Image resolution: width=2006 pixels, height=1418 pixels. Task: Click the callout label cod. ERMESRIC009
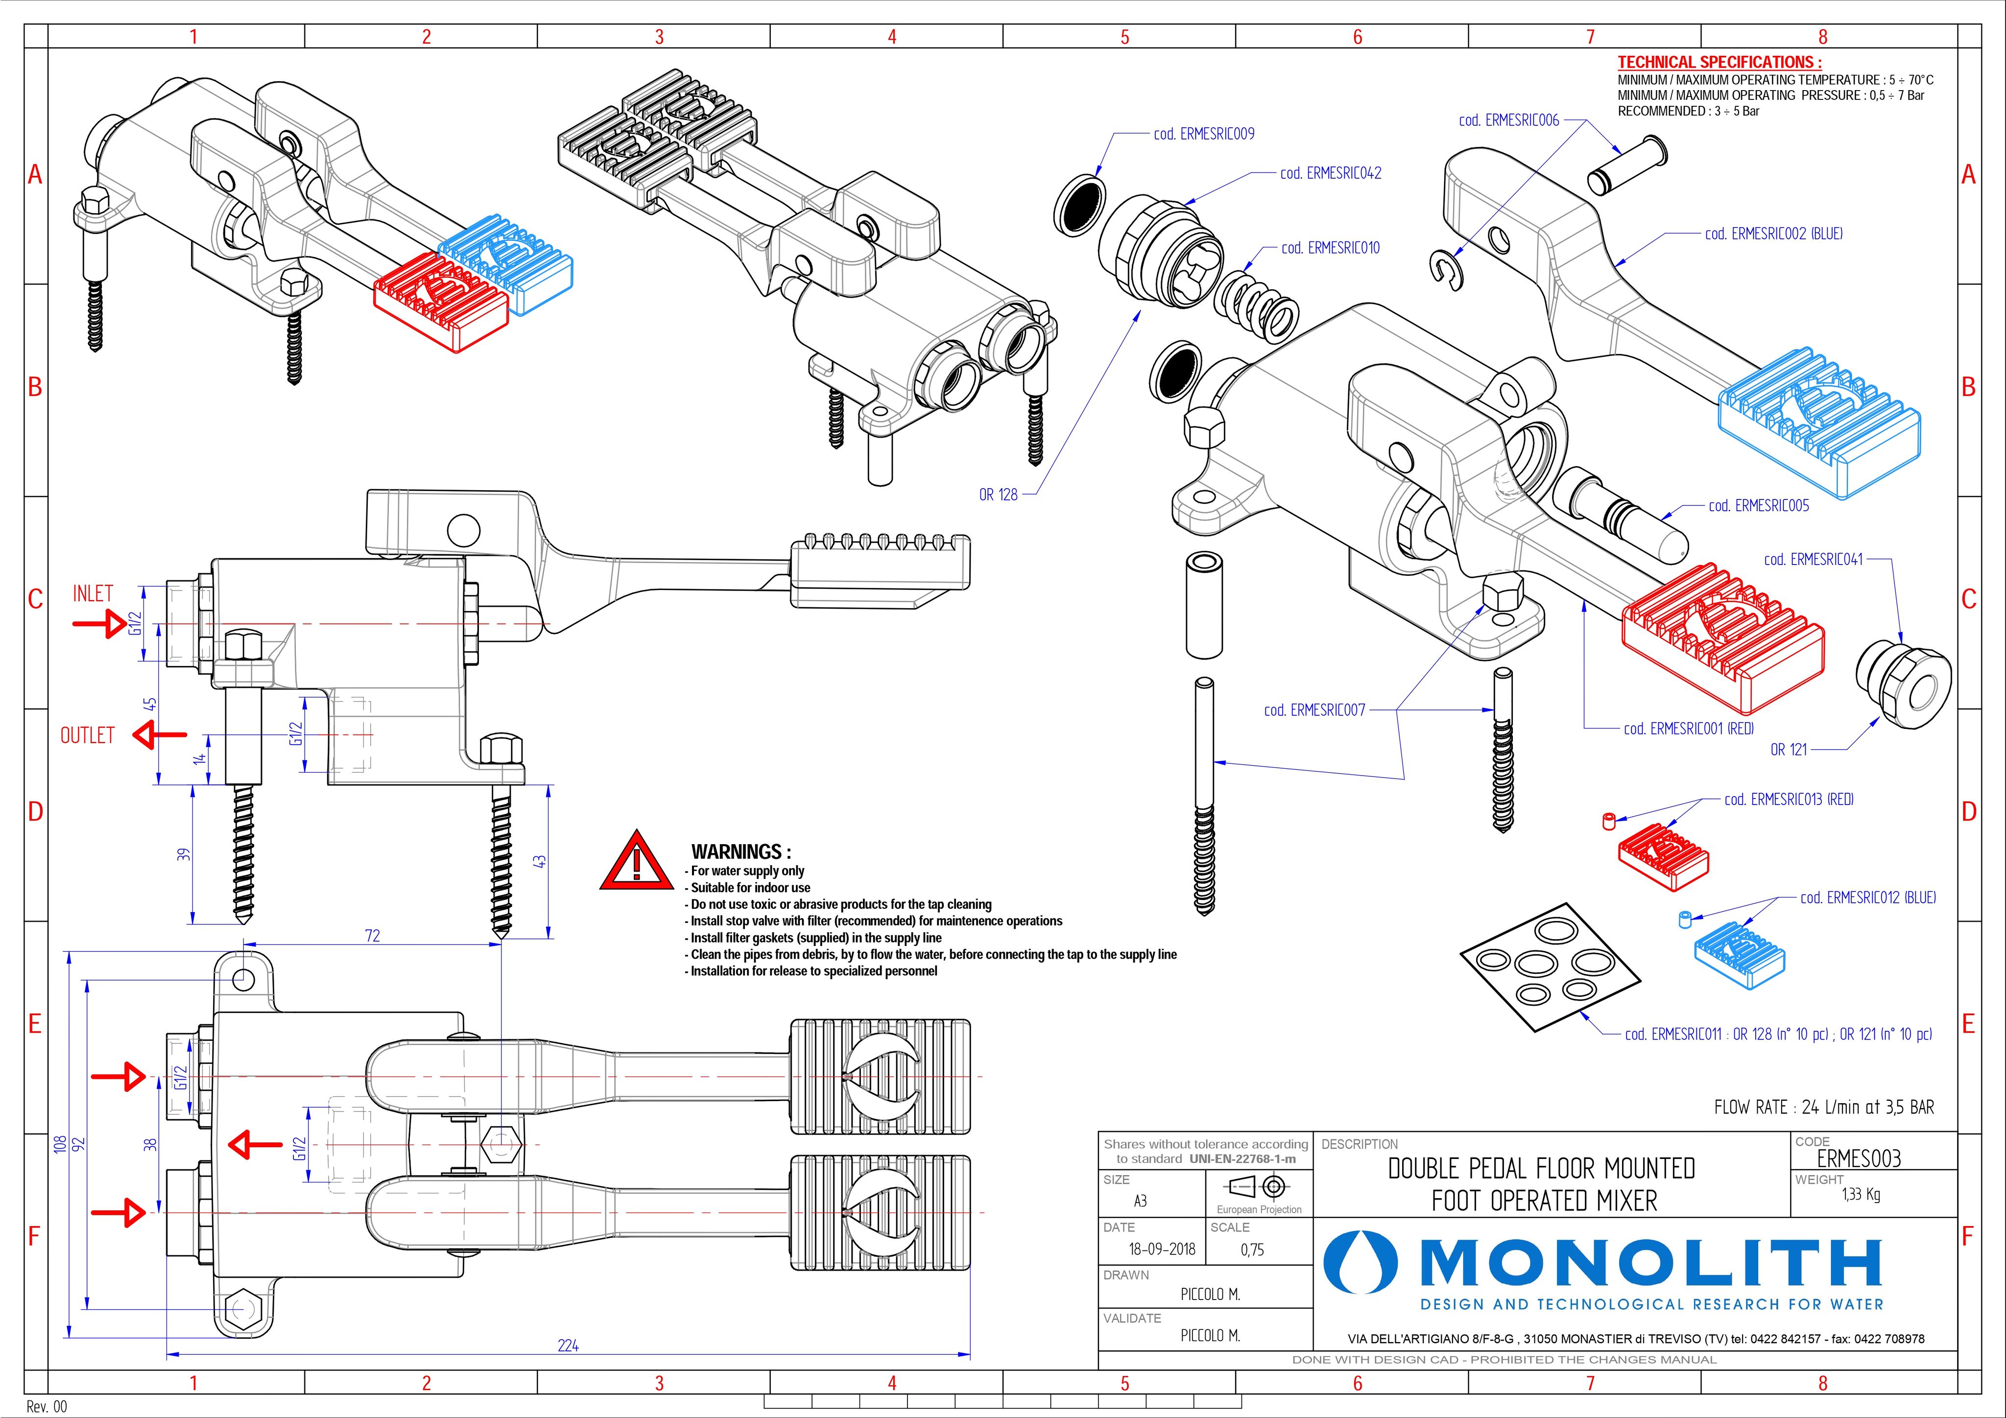pyautogui.click(x=1203, y=134)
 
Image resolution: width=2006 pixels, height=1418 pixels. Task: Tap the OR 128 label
pyautogui.click(x=998, y=495)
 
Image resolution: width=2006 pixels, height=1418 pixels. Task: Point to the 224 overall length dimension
pyautogui.click(x=568, y=1346)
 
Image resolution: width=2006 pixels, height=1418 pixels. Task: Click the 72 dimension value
pyautogui.click(x=372, y=936)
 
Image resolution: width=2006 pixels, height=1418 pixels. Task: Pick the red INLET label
pyautogui.click(x=93, y=594)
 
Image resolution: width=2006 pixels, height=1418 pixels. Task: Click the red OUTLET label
pyautogui.click(x=87, y=735)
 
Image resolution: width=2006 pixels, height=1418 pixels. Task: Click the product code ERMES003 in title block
pyautogui.click(x=1859, y=1158)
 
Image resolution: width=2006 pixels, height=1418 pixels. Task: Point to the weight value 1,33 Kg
pyautogui.click(x=1861, y=1194)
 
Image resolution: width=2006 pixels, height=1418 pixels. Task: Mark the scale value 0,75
pyautogui.click(x=1252, y=1250)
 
